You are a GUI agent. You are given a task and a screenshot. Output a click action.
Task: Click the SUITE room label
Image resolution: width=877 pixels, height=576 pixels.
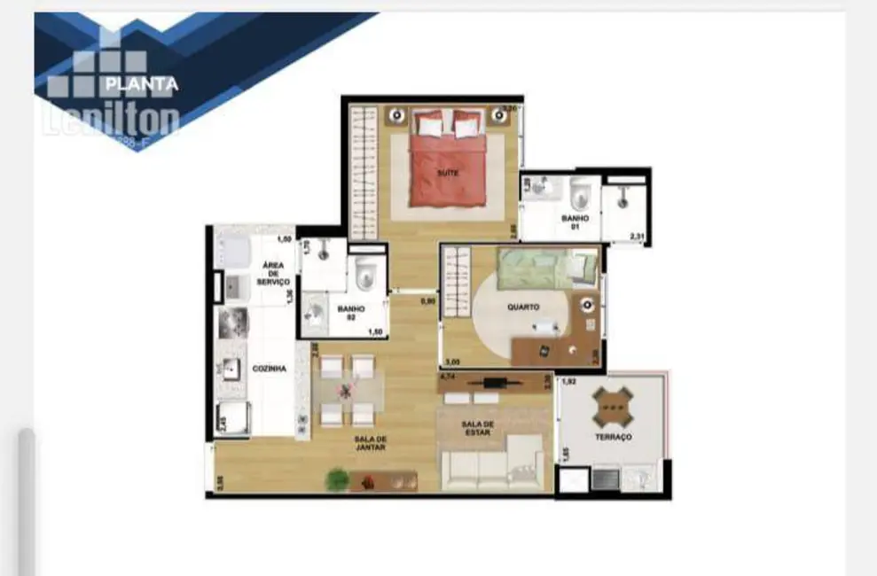coord(448,174)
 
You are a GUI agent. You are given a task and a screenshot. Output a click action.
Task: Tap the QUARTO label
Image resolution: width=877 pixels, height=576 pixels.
coord(523,307)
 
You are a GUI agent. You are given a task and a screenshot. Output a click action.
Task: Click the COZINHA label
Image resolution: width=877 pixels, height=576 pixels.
coord(269,369)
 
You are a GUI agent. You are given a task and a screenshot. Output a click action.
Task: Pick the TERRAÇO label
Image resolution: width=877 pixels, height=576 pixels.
coord(614,437)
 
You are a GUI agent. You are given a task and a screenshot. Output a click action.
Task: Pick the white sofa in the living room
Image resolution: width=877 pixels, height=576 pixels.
coord(493,471)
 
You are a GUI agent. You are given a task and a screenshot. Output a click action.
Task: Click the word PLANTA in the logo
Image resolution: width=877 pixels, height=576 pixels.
coord(142,85)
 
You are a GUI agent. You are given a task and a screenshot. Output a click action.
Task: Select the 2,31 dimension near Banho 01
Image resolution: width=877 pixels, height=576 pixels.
coord(637,236)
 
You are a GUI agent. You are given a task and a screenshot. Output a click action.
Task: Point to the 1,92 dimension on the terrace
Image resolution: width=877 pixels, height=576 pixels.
coord(568,382)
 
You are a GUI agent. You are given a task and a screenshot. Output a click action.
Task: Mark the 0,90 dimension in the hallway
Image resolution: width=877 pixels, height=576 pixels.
coord(427,300)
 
